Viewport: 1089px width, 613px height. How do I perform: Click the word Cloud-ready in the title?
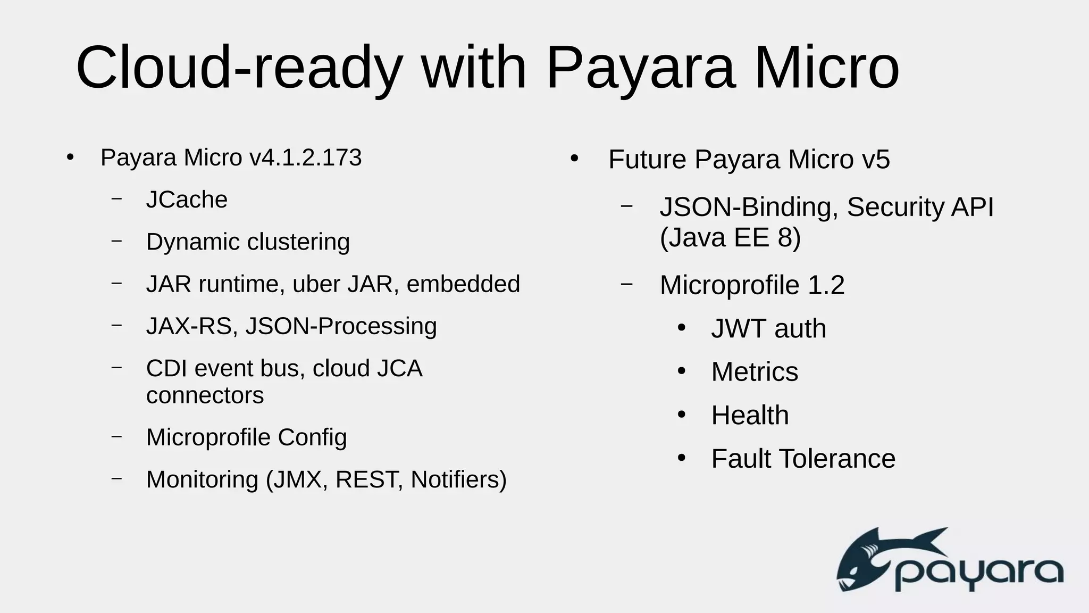239,68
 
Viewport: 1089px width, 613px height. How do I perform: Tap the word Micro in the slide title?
826,68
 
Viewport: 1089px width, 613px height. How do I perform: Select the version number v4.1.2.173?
305,158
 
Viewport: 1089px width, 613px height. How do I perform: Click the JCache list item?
187,200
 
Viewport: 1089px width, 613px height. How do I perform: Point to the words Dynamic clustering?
248,242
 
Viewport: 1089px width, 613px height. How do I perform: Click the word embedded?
463,284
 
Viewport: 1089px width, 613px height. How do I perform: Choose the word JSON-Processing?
341,326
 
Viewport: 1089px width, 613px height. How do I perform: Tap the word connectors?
205,395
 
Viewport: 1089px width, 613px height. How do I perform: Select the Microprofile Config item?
246,437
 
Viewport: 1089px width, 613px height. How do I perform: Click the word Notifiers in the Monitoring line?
458,479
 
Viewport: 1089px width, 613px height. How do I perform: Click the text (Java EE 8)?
730,237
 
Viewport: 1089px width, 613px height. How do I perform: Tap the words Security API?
920,207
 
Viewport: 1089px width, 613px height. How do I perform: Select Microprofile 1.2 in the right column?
752,285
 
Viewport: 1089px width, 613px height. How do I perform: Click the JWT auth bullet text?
768,328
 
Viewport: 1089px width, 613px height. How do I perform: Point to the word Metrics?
755,371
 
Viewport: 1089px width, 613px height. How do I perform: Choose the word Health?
750,415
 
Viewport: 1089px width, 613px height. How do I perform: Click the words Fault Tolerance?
803,459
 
